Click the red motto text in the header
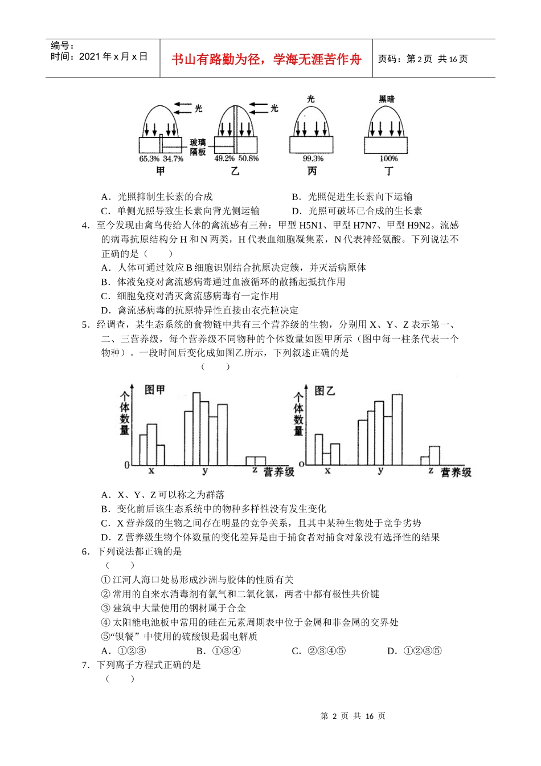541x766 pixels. coord(266,59)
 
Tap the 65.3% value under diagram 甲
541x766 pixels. coord(149,159)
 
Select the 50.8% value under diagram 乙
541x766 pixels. coord(248,159)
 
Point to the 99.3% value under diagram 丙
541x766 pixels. coord(313,159)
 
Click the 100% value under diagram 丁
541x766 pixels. coord(388,159)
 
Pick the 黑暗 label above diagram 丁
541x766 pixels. coord(387,99)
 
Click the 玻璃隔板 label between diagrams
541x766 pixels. coord(198,147)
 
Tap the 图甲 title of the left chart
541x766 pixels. coord(154,390)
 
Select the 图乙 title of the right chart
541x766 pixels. coord(325,390)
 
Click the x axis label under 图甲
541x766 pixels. coord(151,471)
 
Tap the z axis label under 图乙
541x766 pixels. coord(431,471)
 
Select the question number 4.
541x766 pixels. coord(85,225)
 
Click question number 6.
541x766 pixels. coord(85,551)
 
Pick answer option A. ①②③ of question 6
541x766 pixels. coord(124,651)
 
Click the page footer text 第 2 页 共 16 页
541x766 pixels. coord(353,716)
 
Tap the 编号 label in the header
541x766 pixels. coord(62,46)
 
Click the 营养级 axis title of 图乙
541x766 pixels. coord(456,472)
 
